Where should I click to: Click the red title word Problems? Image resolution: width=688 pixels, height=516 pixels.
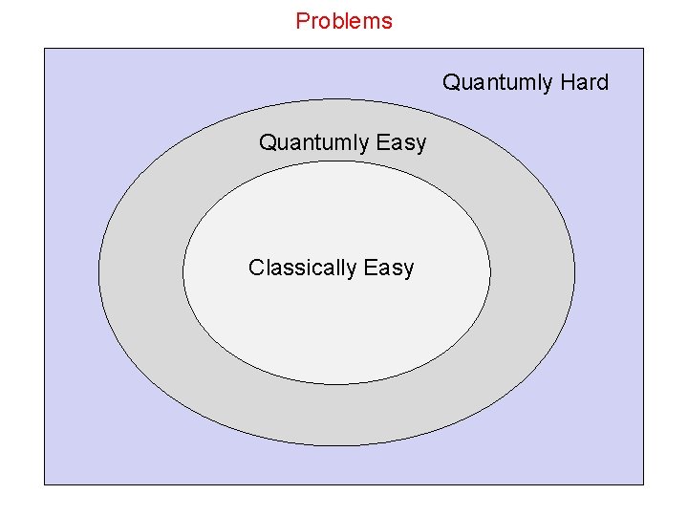coord(344,21)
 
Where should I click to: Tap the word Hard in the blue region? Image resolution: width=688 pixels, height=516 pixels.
coord(584,83)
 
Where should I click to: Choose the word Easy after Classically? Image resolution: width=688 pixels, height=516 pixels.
coord(389,269)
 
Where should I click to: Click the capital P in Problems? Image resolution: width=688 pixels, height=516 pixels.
coord(302,21)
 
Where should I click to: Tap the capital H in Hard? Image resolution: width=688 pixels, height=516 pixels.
coord(567,83)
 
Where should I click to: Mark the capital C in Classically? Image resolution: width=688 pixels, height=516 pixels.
coord(255,268)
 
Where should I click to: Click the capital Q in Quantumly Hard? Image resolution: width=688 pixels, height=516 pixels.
coord(450,83)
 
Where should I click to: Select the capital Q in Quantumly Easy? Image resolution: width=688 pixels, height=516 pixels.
coord(267,143)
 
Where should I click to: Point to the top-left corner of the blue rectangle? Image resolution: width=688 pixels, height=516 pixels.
coord(45,49)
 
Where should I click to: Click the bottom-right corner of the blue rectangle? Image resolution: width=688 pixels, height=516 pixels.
coord(643,484)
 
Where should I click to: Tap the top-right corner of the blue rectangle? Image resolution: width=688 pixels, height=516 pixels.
coord(643,49)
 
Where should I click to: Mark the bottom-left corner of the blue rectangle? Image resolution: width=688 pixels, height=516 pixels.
coord(45,484)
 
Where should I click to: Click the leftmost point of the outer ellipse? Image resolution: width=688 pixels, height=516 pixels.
coord(98,272)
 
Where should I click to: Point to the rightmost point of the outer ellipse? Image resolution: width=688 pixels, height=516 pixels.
coord(575,272)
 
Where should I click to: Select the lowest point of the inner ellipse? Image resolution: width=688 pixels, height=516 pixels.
coord(336,384)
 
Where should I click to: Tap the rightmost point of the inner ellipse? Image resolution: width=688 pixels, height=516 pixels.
coord(490,272)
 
